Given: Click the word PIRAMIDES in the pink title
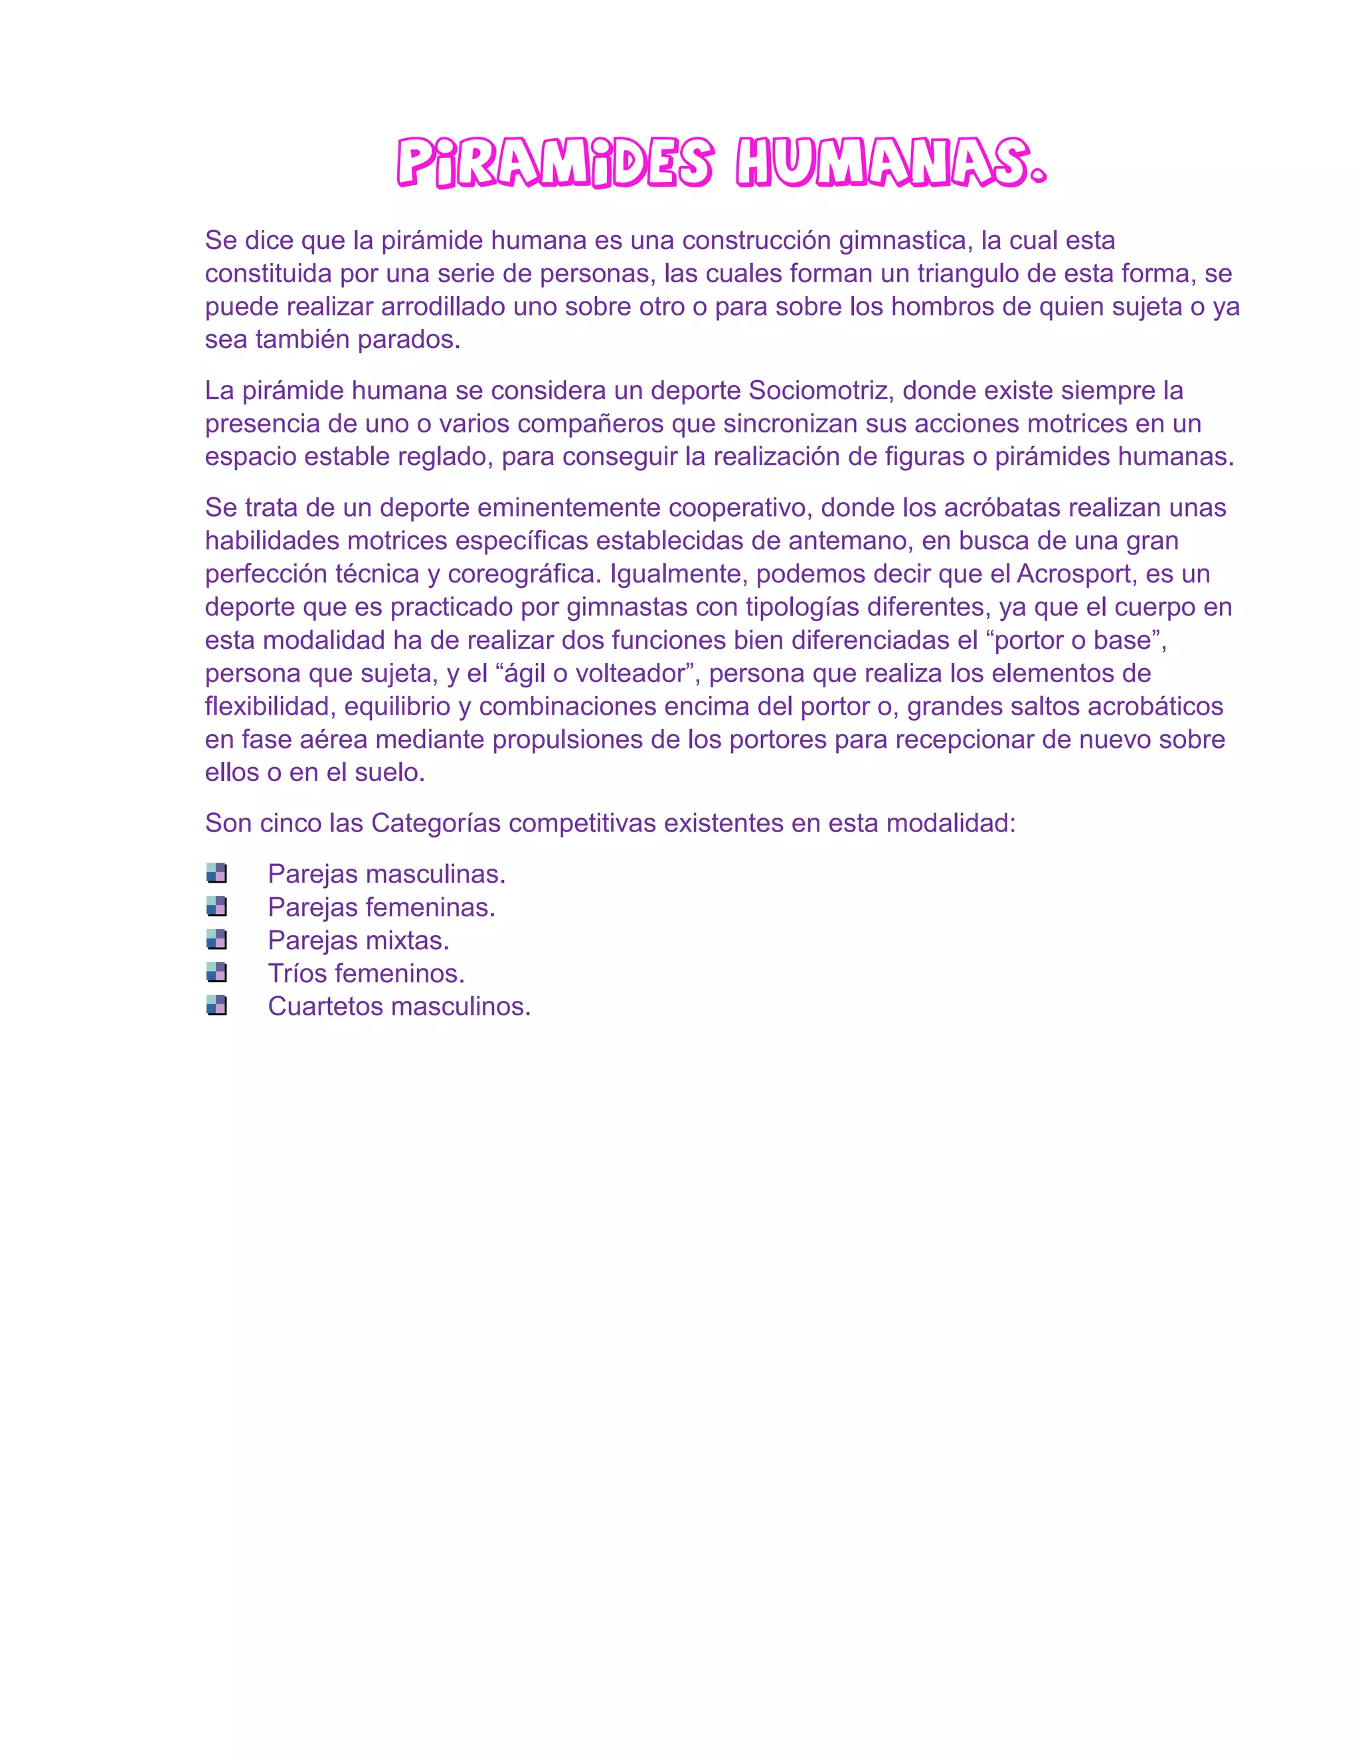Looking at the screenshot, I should pyautogui.click(x=555, y=163).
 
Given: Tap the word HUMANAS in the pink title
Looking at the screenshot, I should pyautogui.click(x=891, y=163).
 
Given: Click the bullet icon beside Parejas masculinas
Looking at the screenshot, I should pyautogui.click(x=216, y=873).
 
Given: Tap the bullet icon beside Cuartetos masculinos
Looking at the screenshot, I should pyautogui.click(x=216, y=1006).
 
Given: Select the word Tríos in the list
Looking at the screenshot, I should pyautogui.click(x=297, y=973).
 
